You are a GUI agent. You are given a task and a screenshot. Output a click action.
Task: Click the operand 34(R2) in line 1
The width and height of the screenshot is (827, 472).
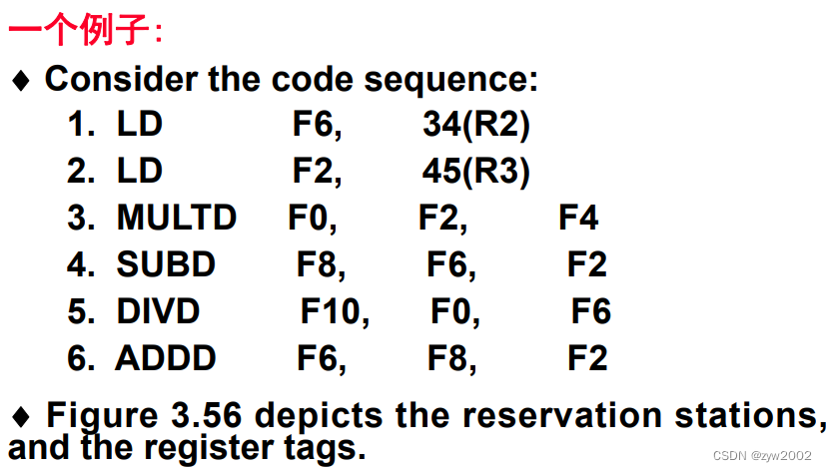[x=475, y=125]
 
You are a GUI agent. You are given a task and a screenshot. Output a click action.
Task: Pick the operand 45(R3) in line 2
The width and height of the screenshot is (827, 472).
[x=475, y=171]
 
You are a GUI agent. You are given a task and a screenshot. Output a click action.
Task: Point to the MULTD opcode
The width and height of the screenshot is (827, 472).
[x=176, y=218]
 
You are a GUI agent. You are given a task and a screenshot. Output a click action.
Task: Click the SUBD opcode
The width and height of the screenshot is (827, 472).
[x=166, y=264]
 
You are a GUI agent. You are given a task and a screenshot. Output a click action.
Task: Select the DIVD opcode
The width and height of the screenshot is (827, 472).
[x=158, y=311]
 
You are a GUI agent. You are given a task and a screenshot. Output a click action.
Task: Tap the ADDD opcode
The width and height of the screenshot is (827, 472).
[x=166, y=358]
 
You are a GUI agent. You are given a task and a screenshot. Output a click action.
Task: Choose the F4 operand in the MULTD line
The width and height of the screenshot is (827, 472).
[x=578, y=218]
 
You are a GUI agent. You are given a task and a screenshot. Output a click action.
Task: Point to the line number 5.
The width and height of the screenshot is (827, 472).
[x=80, y=311]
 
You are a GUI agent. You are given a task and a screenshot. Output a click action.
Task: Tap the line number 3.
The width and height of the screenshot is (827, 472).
[x=80, y=218]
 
